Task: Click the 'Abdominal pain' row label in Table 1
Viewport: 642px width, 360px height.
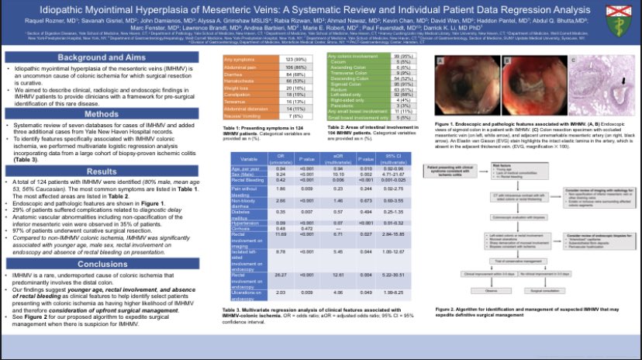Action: coord(238,67)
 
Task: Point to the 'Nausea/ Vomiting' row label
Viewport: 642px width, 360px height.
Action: coord(240,116)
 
